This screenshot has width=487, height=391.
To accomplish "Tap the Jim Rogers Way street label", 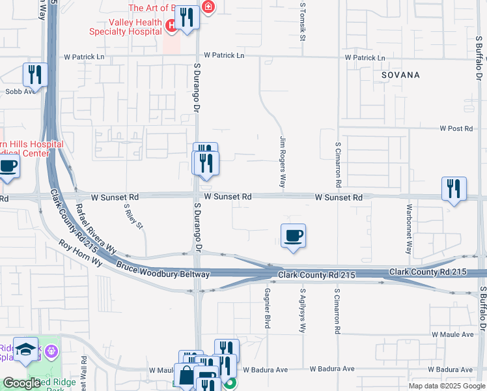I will pos(283,162).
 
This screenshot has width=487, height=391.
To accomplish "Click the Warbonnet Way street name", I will pos(409,229).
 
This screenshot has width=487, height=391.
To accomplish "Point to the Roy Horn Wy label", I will pos(81,253).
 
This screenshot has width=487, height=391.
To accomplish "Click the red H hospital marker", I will pos(171,25).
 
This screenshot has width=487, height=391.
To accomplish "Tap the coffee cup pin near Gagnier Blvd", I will pos(293,236).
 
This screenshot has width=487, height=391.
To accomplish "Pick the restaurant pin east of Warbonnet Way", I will pos(453,189).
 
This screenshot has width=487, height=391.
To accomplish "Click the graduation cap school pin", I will pos(27,350).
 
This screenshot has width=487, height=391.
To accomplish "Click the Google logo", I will pos(21,384).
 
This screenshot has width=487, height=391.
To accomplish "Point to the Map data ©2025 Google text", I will pos(445,386).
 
